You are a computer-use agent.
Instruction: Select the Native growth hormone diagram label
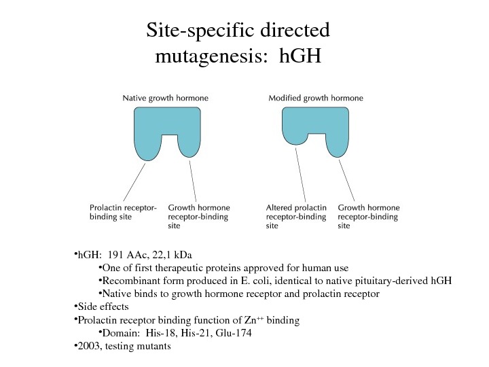click(x=165, y=98)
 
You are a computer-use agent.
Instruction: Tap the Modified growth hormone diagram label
click(x=316, y=98)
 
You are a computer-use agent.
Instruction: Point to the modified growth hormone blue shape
click(x=315, y=124)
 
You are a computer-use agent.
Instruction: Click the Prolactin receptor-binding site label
click(x=123, y=212)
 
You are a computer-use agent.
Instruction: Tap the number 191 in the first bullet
click(x=115, y=256)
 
